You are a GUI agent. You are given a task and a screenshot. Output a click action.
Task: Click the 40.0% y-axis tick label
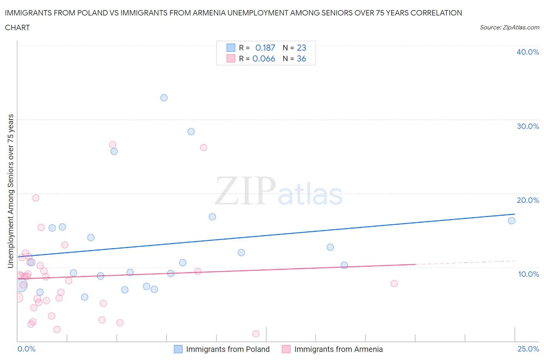pyautogui.click(x=528, y=52)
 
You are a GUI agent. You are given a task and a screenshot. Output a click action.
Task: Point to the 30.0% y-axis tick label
pyautogui.click(x=528, y=126)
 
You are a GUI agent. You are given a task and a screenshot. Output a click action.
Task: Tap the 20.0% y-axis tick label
pyautogui.click(x=528, y=200)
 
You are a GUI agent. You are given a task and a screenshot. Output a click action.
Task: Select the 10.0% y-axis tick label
pyautogui.click(x=528, y=274)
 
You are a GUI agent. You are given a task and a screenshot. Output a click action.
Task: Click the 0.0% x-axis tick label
pyautogui.click(x=26, y=349)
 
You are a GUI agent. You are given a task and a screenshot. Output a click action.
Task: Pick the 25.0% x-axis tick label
pyautogui.click(x=528, y=349)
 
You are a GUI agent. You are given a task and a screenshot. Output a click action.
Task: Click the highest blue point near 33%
pyautogui.click(x=164, y=98)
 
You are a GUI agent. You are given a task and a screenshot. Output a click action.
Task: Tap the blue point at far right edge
pyautogui.click(x=511, y=221)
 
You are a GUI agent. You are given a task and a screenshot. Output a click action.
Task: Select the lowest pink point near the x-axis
pyautogui.click(x=256, y=334)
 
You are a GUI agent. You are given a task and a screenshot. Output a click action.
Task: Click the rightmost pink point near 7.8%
pyautogui.click(x=394, y=283)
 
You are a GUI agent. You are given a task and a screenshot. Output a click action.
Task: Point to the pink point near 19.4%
pyautogui.click(x=36, y=198)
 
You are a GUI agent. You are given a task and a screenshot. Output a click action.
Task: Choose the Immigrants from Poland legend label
pyautogui.click(x=228, y=349)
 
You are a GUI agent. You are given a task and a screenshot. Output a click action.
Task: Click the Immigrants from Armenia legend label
pyautogui.click(x=339, y=349)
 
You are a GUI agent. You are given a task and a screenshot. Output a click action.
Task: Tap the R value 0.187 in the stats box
pyautogui.click(x=265, y=48)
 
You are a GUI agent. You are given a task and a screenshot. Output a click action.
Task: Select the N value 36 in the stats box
pyautogui.click(x=301, y=58)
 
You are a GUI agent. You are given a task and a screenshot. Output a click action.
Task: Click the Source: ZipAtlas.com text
pyautogui.click(x=509, y=27)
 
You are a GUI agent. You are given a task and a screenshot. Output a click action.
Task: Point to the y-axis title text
pyautogui.click(x=10, y=191)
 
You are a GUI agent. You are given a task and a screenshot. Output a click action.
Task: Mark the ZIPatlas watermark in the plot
pyautogui.click(x=279, y=191)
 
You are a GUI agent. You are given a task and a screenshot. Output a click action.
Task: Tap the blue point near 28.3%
pyautogui.click(x=191, y=132)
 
